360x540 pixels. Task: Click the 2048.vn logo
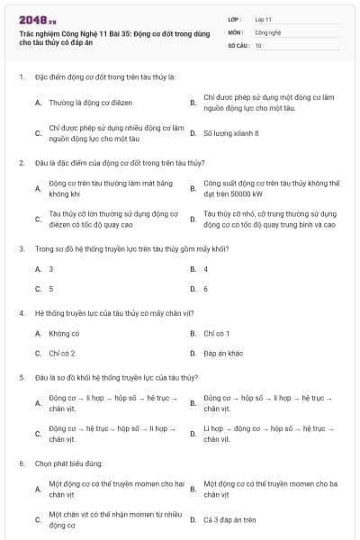[37, 19]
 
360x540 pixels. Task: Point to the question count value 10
[258, 44]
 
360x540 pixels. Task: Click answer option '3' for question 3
[51, 268]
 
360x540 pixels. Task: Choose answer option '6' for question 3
[206, 289]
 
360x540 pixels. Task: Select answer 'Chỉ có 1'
[218, 333]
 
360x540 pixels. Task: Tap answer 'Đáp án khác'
[223, 354]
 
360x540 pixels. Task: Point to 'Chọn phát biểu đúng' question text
[68, 463]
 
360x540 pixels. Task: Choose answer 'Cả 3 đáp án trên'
[229, 519]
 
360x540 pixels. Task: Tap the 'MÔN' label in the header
[235, 31]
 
